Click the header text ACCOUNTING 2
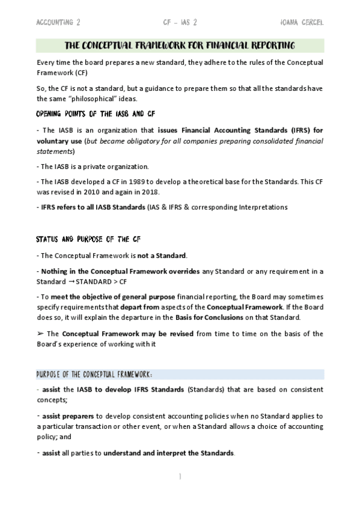58,22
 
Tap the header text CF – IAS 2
180,22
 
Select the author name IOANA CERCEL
301,22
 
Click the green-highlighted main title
180,46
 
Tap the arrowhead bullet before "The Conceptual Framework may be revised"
40,333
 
